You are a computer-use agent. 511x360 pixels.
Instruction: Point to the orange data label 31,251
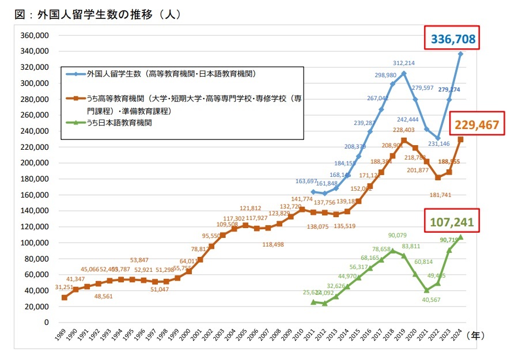50,287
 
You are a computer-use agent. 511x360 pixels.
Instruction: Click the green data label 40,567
427,299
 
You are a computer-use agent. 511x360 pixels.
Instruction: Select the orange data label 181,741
440,195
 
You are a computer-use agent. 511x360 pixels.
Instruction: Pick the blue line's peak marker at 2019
404,73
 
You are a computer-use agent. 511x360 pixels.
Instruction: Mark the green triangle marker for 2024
460,237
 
